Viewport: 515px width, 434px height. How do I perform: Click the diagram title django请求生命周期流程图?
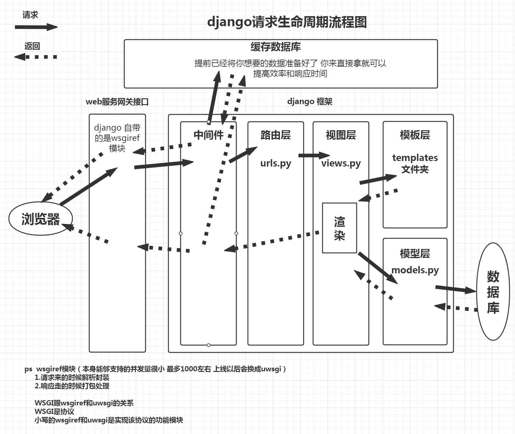pos(287,22)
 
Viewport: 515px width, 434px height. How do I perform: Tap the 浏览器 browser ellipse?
pos(41,219)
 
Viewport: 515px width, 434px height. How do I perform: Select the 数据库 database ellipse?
pos(493,291)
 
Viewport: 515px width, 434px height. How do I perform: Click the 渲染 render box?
pos(340,228)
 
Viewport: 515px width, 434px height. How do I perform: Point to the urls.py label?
pos(276,163)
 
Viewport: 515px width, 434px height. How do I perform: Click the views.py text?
pos(341,163)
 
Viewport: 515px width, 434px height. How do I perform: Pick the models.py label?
pos(415,270)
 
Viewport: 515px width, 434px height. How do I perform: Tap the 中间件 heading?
pos(209,135)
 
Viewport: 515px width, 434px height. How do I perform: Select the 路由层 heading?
pos(276,135)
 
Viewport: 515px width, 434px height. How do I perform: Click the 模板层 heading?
pos(415,135)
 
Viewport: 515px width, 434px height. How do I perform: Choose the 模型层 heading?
pos(415,254)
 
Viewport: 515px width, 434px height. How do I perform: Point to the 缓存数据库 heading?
pos(276,47)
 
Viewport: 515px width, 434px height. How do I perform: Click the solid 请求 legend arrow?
pos(36,27)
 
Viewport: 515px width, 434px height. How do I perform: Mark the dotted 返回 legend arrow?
pos(36,57)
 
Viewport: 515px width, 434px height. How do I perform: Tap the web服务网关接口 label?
pos(117,102)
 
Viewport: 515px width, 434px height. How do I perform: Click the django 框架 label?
pos(310,101)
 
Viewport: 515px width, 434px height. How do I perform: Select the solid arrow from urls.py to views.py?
pos(314,156)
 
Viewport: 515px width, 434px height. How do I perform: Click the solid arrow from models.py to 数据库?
pos(456,289)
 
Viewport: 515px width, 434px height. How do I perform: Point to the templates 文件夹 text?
pos(415,163)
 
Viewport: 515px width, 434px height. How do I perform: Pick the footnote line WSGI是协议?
pos(55,411)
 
